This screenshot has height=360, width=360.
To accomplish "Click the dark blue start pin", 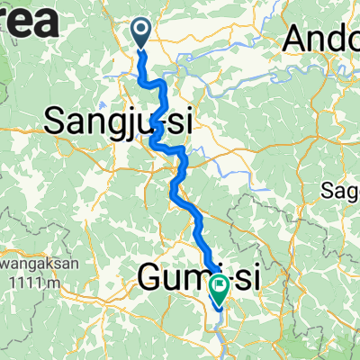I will [x=142, y=33].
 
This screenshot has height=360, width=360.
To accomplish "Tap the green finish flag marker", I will [x=219, y=287].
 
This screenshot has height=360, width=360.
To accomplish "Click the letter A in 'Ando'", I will [x=296, y=39].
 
